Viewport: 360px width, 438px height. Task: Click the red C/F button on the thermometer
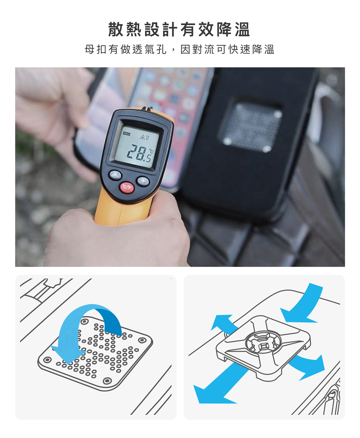click(x=127, y=187)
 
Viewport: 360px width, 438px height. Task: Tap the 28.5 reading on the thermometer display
click(x=140, y=153)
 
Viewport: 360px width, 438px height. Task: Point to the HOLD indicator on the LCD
click(x=126, y=134)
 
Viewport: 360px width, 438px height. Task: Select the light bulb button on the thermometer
click(x=143, y=181)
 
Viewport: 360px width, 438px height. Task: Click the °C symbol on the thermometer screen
click(x=151, y=151)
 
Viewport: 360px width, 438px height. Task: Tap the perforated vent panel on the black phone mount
click(x=251, y=127)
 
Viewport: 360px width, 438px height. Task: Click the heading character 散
click(x=116, y=29)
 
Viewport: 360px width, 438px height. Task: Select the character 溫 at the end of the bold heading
click(x=242, y=29)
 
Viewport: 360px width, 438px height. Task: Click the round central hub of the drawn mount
click(x=263, y=344)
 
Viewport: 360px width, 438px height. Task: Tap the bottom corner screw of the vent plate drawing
click(x=107, y=381)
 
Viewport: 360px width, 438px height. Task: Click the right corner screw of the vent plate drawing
click(x=142, y=340)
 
